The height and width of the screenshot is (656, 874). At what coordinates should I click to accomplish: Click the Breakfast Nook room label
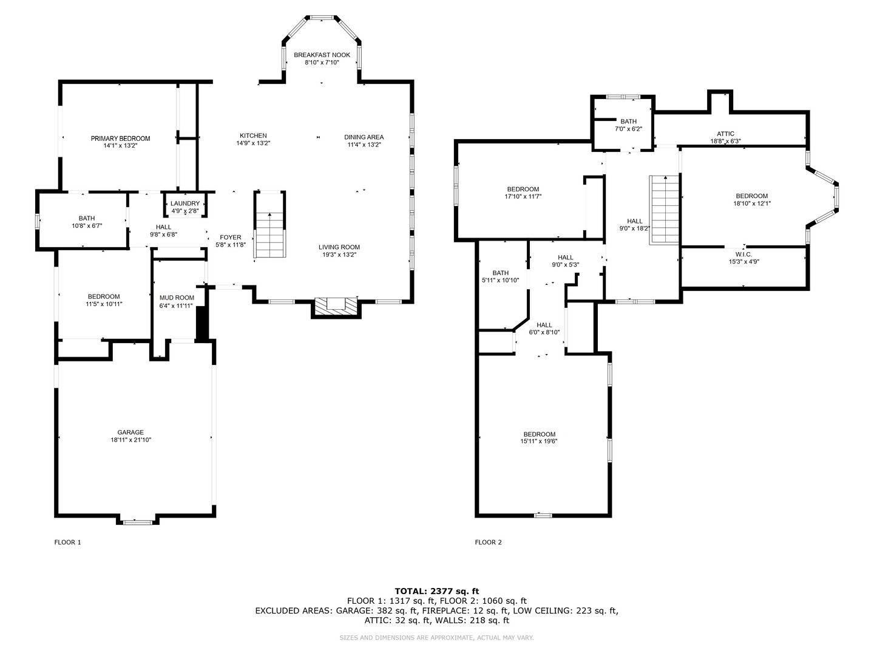(322, 55)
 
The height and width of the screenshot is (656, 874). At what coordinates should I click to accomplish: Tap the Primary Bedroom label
(120, 138)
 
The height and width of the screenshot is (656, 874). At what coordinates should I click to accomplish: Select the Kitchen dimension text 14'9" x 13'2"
(253, 144)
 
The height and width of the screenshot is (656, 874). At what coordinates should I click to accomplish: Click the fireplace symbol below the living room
(336, 306)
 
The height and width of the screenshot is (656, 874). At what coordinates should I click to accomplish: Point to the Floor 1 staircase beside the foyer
(269, 234)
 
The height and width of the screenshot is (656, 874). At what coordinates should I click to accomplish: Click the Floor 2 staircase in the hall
(664, 210)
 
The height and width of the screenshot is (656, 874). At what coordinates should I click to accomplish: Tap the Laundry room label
(185, 203)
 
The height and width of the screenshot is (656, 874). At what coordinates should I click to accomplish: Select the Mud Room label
(177, 298)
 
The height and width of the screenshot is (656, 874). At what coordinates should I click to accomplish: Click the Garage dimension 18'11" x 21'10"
(130, 440)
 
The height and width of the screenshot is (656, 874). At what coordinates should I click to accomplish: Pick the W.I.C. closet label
(744, 255)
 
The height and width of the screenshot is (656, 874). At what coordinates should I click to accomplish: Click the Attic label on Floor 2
(725, 134)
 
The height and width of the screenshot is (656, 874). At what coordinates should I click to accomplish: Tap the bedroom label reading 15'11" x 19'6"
(540, 434)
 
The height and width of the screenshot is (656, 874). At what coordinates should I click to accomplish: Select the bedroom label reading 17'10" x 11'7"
(523, 189)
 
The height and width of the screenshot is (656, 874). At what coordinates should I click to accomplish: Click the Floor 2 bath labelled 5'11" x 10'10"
(501, 273)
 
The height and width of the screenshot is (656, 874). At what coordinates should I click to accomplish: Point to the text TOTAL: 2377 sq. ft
(436, 590)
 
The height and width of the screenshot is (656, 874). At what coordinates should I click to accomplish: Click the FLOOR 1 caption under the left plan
(67, 542)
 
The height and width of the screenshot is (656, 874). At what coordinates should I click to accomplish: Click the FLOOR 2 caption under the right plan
(488, 542)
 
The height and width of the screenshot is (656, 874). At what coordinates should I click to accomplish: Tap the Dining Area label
(364, 137)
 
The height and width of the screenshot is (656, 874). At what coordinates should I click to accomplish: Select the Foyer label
(231, 237)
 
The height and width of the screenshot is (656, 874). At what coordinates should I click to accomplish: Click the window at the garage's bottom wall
(137, 521)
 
